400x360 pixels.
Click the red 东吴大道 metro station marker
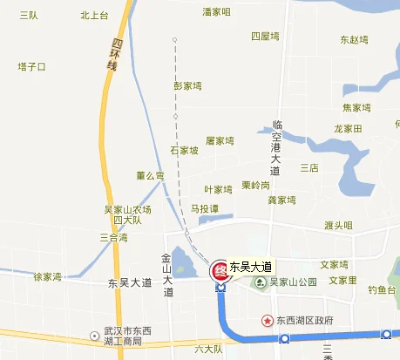(x=219, y=269)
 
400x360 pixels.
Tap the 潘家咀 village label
(x=216, y=12)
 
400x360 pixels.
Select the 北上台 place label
(x=94, y=15)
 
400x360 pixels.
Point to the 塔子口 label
(x=31, y=66)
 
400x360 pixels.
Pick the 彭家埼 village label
(x=188, y=85)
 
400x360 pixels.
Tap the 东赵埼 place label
(x=355, y=39)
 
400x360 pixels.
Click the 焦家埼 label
(x=357, y=108)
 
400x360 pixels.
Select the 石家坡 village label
(x=185, y=150)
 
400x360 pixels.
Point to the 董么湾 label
(x=150, y=175)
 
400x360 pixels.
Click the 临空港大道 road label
(x=275, y=146)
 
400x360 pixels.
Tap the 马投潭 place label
(x=204, y=208)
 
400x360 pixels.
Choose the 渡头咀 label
(x=338, y=225)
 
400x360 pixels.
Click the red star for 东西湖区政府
(x=268, y=320)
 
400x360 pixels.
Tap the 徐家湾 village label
(x=47, y=276)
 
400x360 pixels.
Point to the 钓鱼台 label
(x=382, y=289)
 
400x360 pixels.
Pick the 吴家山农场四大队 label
(x=127, y=214)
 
